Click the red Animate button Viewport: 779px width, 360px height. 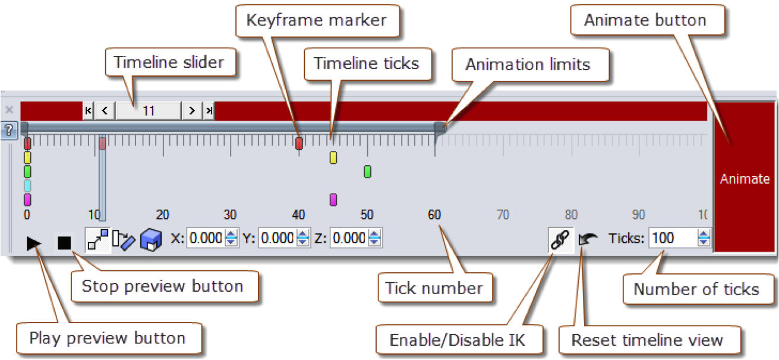745,178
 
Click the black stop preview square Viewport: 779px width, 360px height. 64,242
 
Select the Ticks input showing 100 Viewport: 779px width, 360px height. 673,239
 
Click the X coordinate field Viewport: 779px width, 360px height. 205,239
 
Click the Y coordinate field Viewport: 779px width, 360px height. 277,239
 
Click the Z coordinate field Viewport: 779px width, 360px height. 348,239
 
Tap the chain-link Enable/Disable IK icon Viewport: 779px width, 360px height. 560,239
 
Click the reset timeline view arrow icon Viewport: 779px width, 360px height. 588,240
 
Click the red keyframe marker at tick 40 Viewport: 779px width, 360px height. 299,143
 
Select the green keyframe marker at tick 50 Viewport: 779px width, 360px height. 367,172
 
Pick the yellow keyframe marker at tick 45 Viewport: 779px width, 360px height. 333,157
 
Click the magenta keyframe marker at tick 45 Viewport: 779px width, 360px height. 333,200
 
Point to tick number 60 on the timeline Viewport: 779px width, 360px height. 434,214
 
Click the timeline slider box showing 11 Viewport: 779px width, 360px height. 149,110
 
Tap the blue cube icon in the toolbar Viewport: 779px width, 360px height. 151,240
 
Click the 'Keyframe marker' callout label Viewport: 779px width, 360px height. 316,21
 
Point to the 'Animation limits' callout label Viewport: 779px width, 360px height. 528,65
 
